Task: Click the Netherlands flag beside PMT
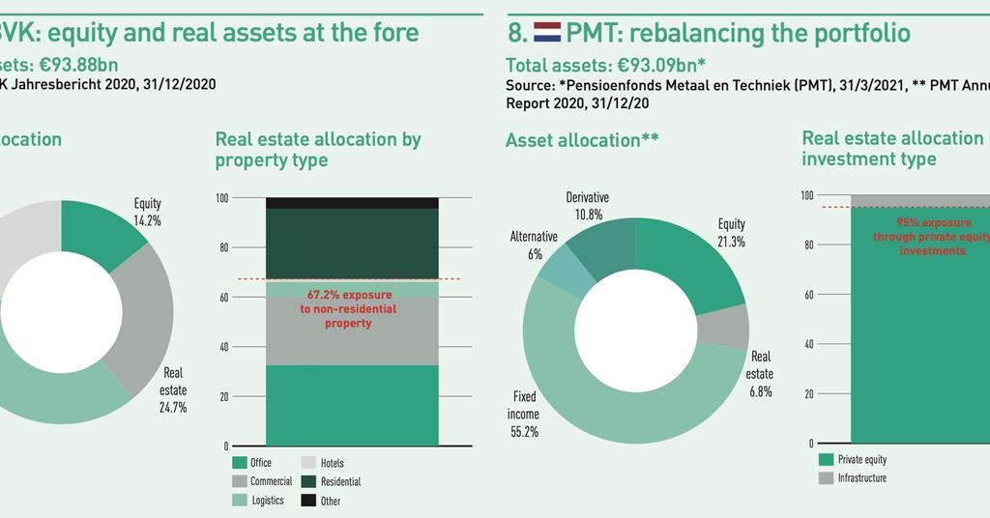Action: point(547,33)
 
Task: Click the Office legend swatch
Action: point(240,463)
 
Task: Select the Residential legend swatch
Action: point(308,481)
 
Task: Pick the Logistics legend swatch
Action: point(240,500)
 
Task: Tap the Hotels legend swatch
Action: point(308,463)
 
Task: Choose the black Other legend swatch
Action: point(308,500)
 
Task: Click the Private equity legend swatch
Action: point(826,460)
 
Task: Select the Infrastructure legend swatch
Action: point(826,477)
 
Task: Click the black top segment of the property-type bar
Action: point(352,203)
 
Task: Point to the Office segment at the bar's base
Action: point(352,405)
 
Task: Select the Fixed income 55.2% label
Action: point(523,415)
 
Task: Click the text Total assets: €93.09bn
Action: point(605,66)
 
